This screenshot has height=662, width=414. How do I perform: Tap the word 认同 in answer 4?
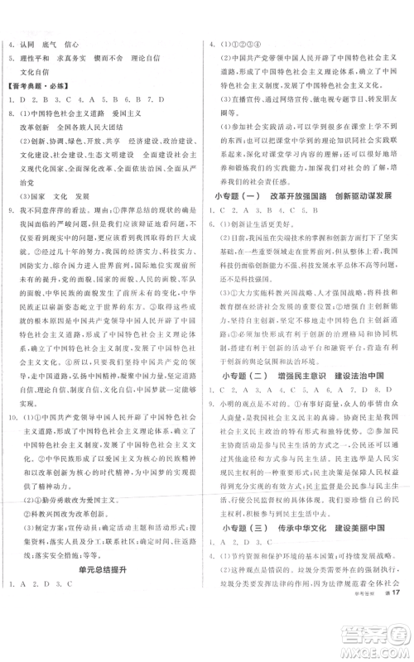(31, 43)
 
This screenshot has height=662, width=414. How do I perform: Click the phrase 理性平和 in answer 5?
(36, 57)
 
